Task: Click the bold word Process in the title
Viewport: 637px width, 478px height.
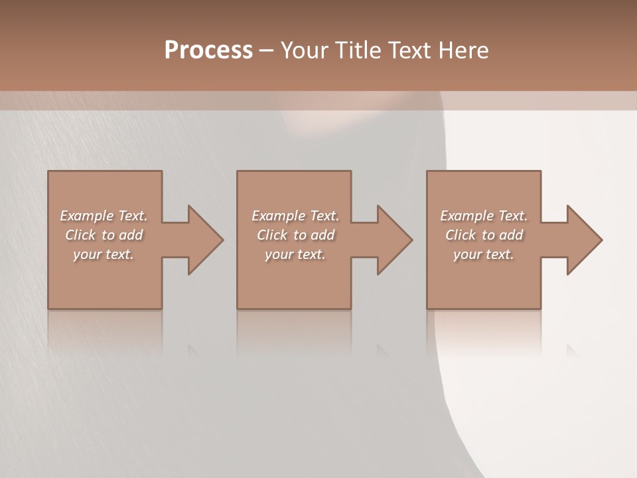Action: point(208,50)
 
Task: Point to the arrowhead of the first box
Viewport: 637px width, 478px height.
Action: point(205,240)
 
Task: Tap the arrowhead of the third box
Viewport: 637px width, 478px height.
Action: point(584,240)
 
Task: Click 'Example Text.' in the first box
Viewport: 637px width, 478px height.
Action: point(104,216)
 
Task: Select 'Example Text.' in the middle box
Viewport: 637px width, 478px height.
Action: point(295,216)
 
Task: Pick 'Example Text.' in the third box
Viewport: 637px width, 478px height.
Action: point(484,216)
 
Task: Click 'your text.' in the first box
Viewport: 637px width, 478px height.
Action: point(104,254)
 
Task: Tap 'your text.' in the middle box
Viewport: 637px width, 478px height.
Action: point(295,254)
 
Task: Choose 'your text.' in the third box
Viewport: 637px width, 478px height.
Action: point(484,254)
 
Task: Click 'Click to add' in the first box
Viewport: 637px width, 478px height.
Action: point(104,235)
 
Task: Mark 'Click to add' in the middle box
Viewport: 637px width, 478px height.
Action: point(295,235)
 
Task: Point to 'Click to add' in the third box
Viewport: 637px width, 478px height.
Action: point(484,235)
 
